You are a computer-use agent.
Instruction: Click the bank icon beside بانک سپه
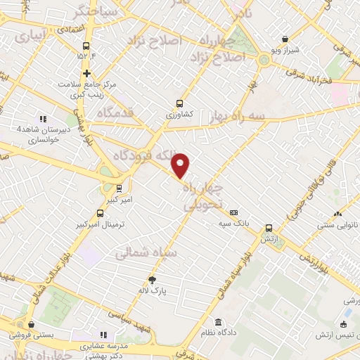234,212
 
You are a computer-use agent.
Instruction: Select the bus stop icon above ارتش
269,228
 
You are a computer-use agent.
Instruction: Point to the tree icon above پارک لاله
152,280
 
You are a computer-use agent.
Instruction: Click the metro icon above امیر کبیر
119,188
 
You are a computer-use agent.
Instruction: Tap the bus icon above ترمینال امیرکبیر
99,213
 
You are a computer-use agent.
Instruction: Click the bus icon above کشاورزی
179,102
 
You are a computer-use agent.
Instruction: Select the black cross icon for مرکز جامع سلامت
86,73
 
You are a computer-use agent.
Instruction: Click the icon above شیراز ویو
284,40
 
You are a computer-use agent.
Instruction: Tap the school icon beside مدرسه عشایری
103,335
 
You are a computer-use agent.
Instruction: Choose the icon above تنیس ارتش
343,324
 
